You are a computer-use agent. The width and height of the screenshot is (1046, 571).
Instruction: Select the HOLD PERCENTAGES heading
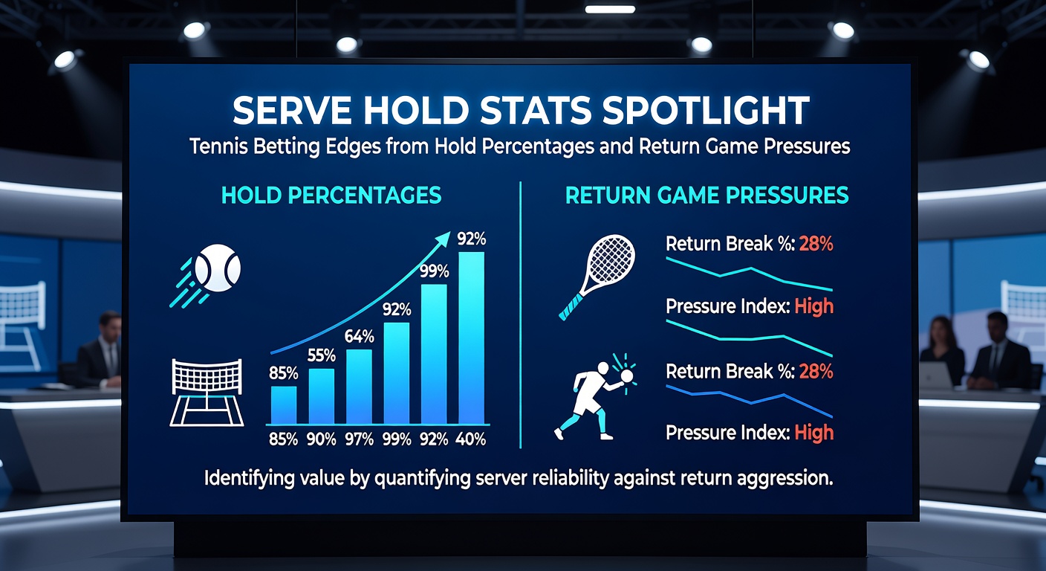click(331, 196)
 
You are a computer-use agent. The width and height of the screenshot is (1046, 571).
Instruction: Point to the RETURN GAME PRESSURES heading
click(706, 196)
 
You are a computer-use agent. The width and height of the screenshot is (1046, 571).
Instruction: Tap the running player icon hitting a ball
click(594, 394)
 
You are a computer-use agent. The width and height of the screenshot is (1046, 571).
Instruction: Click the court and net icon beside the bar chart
click(206, 392)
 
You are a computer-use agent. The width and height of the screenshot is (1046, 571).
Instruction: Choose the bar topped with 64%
click(359, 386)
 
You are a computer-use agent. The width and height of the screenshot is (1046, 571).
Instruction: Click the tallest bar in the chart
click(472, 338)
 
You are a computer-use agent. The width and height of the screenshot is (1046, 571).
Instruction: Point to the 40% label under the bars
click(471, 439)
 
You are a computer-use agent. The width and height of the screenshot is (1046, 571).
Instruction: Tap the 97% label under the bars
click(359, 439)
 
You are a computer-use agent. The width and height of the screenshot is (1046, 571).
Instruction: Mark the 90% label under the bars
click(321, 439)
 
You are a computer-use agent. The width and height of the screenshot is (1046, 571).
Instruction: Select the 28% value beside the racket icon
click(816, 244)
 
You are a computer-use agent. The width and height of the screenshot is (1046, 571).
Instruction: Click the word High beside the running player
click(813, 432)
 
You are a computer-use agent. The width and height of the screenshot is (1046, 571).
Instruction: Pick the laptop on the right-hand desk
click(935, 376)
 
